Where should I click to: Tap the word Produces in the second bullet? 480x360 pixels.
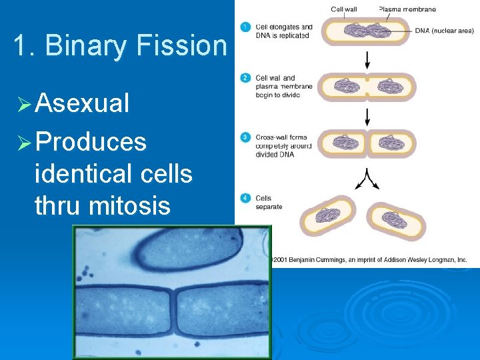pyautogui.click(x=91, y=141)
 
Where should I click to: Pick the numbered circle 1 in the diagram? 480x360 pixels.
pyautogui.click(x=245, y=27)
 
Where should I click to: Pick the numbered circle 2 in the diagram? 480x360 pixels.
pyautogui.click(x=245, y=79)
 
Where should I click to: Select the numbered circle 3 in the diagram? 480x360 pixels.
pyautogui.click(x=245, y=137)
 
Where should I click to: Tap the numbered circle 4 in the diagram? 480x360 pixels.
pyautogui.click(x=245, y=198)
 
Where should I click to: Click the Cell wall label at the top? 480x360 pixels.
pyautogui.click(x=344, y=9)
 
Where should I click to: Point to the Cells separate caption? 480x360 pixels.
pyautogui.click(x=268, y=202)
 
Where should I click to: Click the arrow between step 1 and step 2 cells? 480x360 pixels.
pyautogui.click(x=367, y=60)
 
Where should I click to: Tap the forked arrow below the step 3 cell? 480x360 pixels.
pyautogui.click(x=367, y=177)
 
